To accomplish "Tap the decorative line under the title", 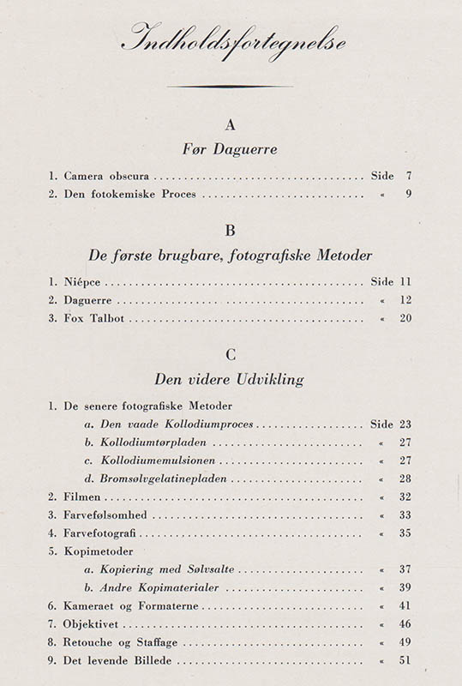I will (x=231, y=87).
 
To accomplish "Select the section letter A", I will (x=230, y=125).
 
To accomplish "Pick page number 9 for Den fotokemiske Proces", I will (x=409, y=195).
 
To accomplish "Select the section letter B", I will (x=230, y=231).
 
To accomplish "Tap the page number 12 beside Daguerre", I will (x=406, y=301).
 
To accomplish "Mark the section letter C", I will (x=230, y=354).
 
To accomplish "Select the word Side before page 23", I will (x=382, y=424).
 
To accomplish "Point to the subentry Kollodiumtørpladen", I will (x=153, y=443).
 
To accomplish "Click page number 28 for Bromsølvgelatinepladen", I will (x=406, y=478).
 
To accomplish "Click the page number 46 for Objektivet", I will (x=406, y=624).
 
